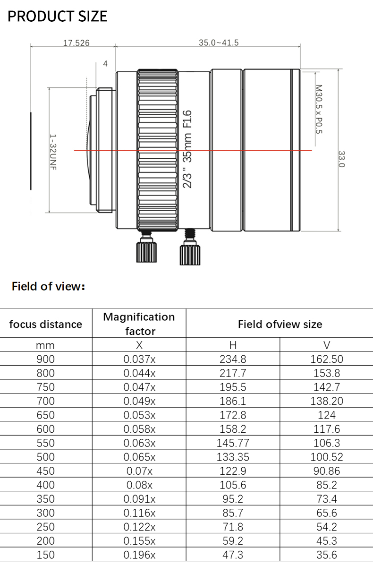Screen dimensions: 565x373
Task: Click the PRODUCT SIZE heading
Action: (58, 17)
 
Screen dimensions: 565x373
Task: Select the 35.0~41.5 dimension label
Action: (219, 43)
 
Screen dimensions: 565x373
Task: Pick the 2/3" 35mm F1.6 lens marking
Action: (187, 149)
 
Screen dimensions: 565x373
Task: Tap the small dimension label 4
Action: (105, 63)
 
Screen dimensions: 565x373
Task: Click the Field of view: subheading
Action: (48, 286)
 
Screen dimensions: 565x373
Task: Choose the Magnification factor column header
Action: (139, 324)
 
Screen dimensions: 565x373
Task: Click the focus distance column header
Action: (46, 324)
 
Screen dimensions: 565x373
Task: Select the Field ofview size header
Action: (280, 324)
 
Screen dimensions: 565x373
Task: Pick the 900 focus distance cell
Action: (46, 359)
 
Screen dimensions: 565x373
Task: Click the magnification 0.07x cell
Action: (139, 471)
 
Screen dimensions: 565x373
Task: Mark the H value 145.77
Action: (233, 443)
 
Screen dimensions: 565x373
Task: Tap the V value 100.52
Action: (327, 457)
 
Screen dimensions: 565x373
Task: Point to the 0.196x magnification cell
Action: (139, 555)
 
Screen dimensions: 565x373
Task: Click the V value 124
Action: (327, 415)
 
